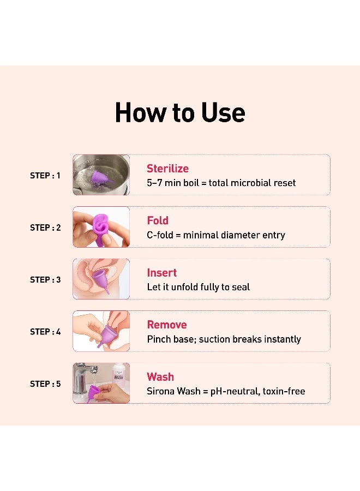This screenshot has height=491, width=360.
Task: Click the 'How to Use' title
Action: [180, 112]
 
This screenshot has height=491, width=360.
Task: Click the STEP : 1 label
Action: [45, 176]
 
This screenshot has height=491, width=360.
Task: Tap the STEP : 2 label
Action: [45, 227]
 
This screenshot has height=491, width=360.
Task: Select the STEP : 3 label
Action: [45, 279]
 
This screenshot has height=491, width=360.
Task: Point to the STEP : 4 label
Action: [45, 332]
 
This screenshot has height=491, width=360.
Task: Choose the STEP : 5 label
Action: [45, 384]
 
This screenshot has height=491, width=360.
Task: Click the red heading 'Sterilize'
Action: [167, 169]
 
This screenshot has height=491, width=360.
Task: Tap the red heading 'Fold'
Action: [158, 220]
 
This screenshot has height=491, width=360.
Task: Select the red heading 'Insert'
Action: [162, 273]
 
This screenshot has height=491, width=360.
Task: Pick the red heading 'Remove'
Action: [167, 325]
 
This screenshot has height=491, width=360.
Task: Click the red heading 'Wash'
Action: [160, 377]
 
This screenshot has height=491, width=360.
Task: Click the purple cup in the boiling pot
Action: [101, 177]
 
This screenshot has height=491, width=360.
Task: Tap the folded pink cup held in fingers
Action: [100, 225]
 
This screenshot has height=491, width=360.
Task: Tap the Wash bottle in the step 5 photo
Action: [119, 376]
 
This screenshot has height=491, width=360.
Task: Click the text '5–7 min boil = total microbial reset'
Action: [221, 183]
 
